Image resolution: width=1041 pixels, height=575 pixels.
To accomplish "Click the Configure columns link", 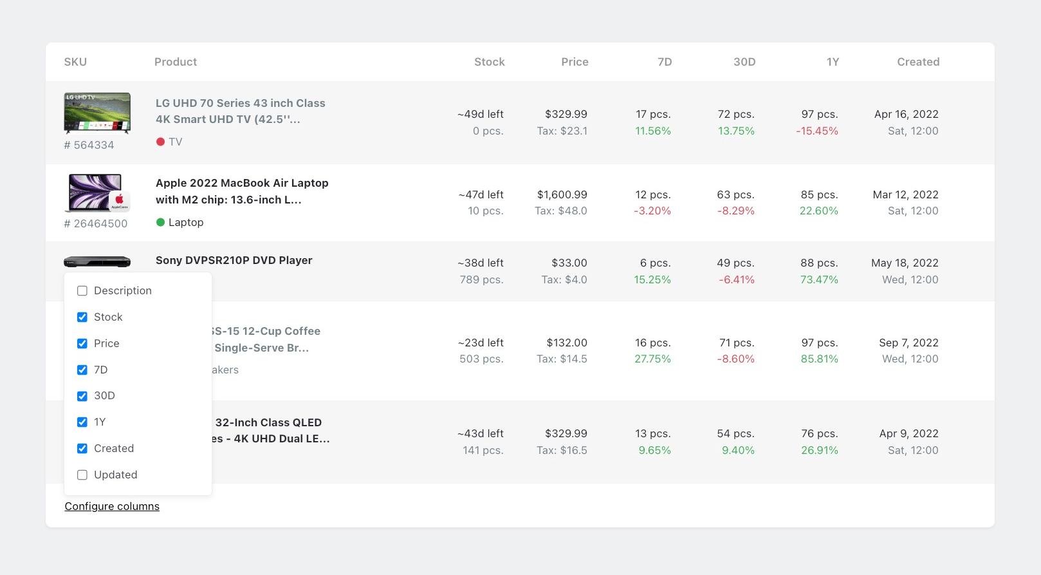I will [x=112, y=506].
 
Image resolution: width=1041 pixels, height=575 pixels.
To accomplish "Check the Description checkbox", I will [x=82, y=290].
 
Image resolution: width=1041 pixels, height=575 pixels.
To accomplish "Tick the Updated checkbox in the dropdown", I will [x=82, y=475].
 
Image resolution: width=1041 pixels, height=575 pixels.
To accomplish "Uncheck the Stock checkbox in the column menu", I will [x=82, y=317].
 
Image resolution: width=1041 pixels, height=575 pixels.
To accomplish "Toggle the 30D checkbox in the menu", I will [x=82, y=396].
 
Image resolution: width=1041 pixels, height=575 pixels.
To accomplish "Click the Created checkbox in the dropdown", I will [x=82, y=448].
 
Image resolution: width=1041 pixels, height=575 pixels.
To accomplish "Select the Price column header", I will [x=575, y=62].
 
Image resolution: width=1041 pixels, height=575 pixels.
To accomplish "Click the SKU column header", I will [x=75, y=62].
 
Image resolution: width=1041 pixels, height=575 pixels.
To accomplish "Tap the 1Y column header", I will [x=833, y=62].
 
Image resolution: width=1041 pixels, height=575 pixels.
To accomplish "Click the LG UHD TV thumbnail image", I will [x=97, y=113].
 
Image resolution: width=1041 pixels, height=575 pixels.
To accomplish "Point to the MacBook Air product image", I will [x=97, y=193].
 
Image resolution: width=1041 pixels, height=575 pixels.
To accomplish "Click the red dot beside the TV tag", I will [x=160, y=142].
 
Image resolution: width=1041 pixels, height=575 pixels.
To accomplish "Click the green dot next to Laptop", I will [x=160, y=222].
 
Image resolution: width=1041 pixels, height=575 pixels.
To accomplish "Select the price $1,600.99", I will [x=562, y=194].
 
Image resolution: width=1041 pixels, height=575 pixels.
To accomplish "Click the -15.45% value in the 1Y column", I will [x=816, y=131].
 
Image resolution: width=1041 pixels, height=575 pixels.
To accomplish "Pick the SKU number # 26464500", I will [x=96, y=223].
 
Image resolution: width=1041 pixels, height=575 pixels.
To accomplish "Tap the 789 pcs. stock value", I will [x=481, y=279].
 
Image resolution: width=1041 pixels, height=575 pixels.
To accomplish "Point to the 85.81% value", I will [x=819, y=359].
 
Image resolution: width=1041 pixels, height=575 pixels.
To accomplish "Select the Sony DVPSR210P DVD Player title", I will [x=234, y=260].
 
